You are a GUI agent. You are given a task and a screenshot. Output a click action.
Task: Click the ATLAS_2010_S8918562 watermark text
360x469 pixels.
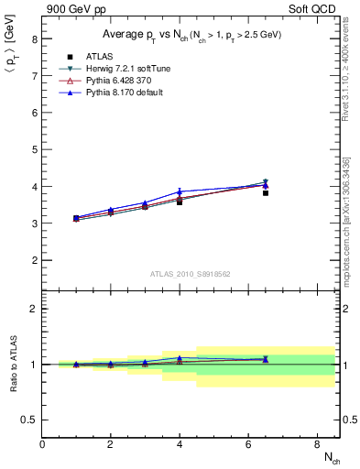tap(190, 273)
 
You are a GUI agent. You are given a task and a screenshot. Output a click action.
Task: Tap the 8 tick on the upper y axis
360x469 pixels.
tap(34, 39)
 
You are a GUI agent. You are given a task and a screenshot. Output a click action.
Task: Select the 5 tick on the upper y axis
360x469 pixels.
tap(34, 150)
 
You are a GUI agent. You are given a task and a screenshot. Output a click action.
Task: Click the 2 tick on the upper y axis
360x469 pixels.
tap(34, 260)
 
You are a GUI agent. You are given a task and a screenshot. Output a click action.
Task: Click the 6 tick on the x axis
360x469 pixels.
tap(248, 444)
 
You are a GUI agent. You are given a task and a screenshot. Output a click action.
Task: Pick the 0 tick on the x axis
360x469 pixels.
tap(43, 444)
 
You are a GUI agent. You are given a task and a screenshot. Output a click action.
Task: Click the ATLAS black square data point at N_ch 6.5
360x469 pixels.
tap(266, 193)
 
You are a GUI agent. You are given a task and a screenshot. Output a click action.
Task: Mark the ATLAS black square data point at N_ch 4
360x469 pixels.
tap(180, 202)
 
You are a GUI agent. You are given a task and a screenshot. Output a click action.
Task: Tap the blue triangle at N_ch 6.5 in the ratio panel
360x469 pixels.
tap(266, 359)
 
